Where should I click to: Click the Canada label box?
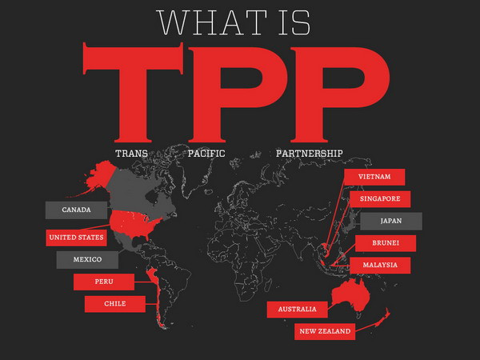(76, 210)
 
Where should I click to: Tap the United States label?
(76, 238)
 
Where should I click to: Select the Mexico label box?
(87, 260)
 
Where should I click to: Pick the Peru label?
(104, 282)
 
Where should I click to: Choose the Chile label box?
(115, 304)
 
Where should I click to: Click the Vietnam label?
(374, 177)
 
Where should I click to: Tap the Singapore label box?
(380, 199)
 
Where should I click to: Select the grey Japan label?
(390, 221)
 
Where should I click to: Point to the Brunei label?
(386, 243)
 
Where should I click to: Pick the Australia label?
(297, 309)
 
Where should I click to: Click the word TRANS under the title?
(132, 153)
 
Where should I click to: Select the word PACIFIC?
(206, 153)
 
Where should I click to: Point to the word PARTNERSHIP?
(309, 153)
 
